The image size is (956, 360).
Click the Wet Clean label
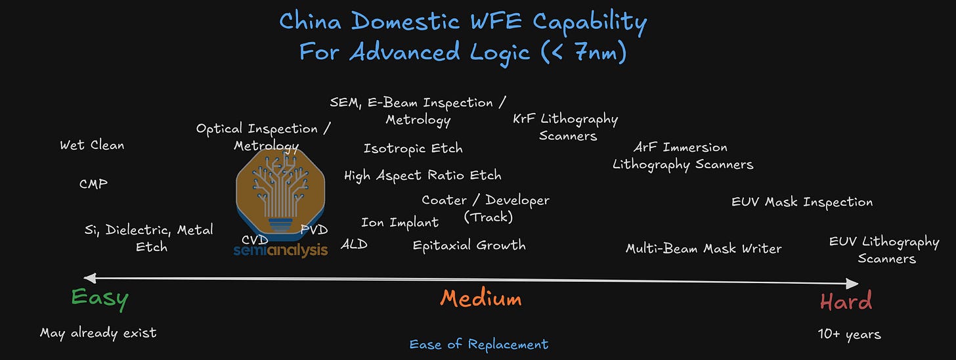[x=92, y=145]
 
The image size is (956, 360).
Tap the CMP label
[x=93, y=184]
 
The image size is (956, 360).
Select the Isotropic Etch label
[x=413, y=148]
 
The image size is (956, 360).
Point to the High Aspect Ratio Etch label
[x=422, y=175]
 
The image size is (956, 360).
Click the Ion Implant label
[x=400, y=223]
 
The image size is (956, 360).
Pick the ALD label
[x=354, y=244]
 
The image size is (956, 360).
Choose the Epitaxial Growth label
[x=469, y=246]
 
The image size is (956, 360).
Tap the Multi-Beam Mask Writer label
[x=703, y=248]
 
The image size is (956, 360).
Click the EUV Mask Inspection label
[x=802, y=202]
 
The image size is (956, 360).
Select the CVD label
[x=255, y=240]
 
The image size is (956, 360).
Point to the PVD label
[x=314, y=229]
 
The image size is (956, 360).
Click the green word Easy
[x=100, y=299]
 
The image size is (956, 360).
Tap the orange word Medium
[x=481, y=299]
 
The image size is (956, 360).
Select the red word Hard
[x=846, y=302]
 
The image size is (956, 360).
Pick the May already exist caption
[x=98, y=333]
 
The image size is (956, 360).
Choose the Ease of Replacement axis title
[x=479, y=344]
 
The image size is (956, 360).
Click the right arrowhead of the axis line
[x=853, y=283]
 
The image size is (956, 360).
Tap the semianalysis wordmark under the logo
[x=280, y=250]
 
